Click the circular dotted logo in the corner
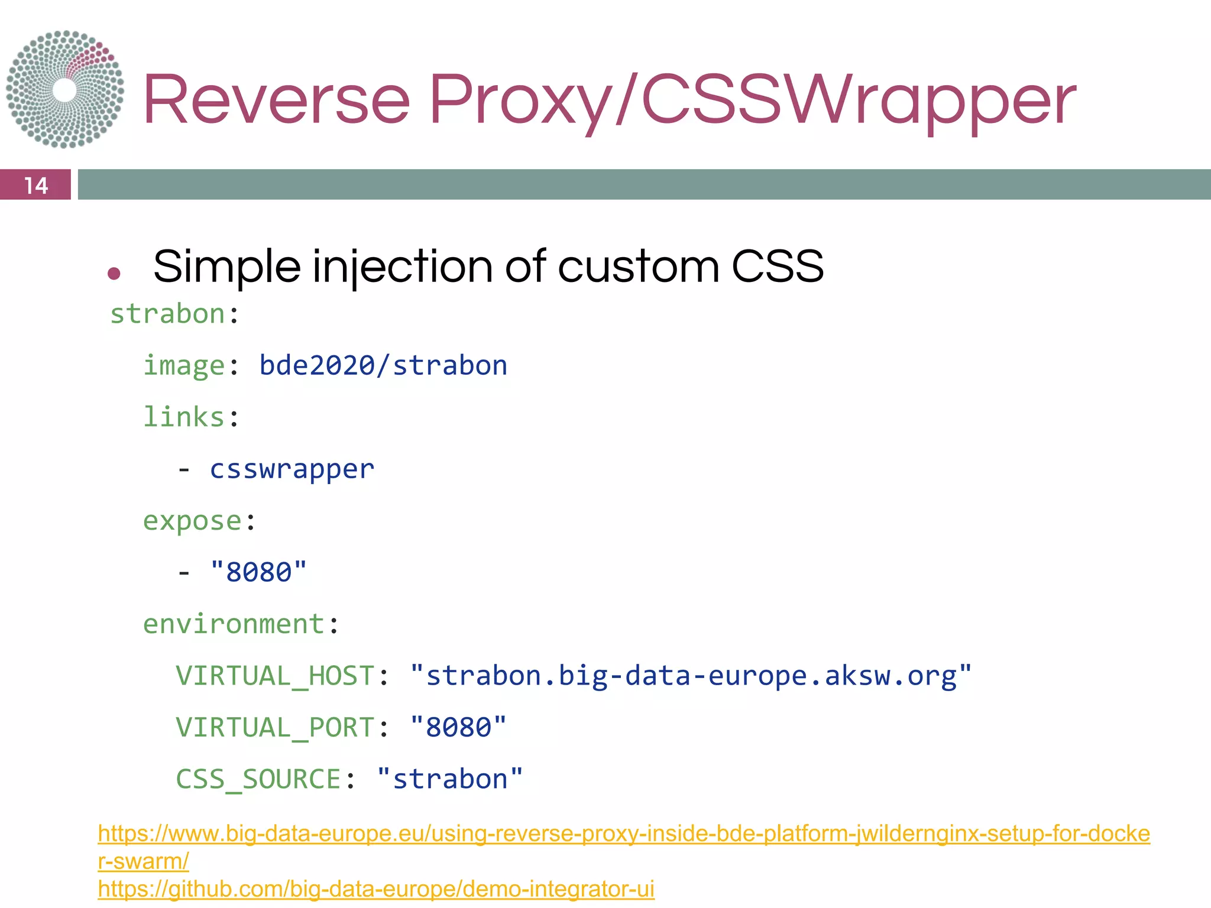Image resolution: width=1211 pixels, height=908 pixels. (65, 89)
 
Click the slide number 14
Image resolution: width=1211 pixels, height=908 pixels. (35, 185)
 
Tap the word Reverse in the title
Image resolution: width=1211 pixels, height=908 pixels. (276, 100)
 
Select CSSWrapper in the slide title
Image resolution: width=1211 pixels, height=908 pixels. (858, 100)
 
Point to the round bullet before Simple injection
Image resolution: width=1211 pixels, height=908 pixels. (114, 273)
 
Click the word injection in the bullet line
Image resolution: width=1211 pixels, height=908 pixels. (402, 267)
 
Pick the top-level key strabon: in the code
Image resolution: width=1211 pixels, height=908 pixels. (174, 314)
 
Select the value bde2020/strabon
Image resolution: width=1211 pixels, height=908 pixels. (383, 365)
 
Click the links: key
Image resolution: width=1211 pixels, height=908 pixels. (191, 417)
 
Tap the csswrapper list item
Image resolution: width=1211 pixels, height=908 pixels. (292, 469)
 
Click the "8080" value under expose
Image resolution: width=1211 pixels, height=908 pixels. (259, 572)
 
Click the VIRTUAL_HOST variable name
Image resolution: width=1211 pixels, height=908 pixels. (275, 676)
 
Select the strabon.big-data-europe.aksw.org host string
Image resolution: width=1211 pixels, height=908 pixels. (691, 676)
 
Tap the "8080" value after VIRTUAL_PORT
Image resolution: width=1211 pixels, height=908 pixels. (458, 727)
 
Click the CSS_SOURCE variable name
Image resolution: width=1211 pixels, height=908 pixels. (258, 779)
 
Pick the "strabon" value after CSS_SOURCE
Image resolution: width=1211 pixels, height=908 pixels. (450, 779)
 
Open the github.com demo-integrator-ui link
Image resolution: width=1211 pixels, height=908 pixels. (376, 888)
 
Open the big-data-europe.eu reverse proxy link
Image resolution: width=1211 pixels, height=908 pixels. (623, 834)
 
